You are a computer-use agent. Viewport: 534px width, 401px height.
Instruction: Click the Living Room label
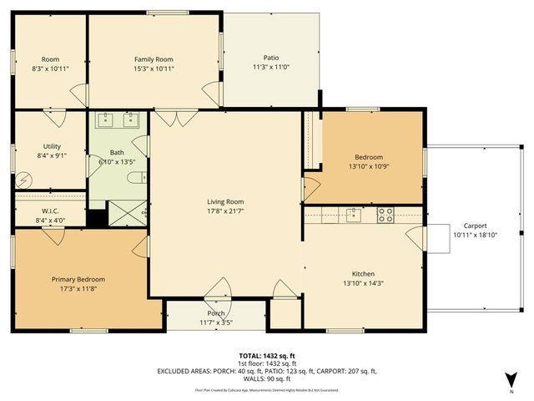225,201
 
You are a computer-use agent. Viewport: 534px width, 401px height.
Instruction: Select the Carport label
475,226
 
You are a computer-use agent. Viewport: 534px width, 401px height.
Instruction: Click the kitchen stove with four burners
385,215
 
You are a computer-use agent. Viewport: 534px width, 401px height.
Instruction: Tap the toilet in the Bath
142,176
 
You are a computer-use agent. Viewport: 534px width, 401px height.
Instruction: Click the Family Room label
154,59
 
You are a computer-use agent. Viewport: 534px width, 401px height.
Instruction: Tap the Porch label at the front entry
216,314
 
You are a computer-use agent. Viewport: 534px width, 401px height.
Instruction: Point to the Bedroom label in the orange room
369,157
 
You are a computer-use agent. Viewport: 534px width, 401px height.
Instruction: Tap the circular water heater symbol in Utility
25,178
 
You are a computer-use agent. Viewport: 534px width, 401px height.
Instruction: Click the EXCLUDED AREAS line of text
267,371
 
